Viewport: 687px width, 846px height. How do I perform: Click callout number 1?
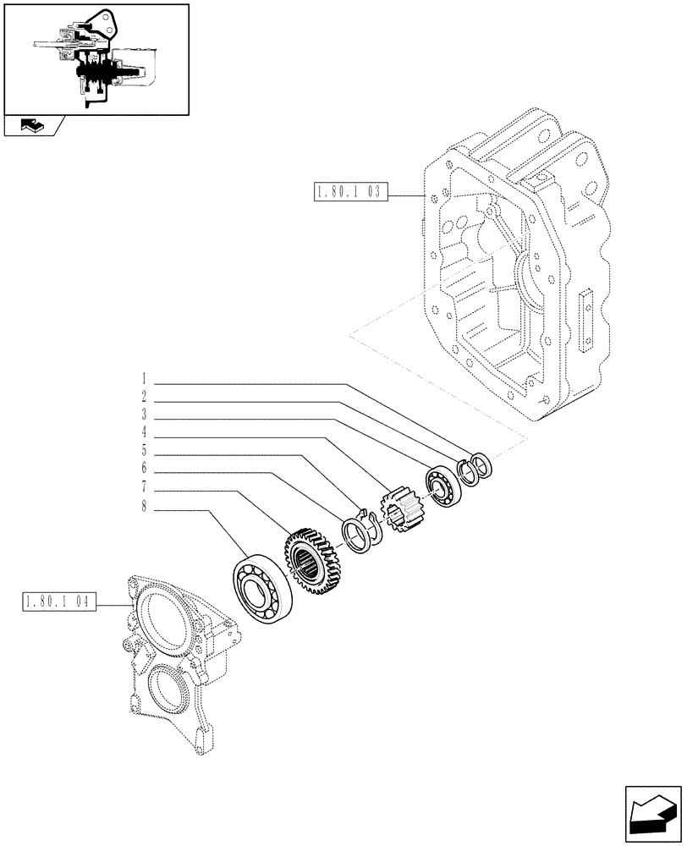point(145,378)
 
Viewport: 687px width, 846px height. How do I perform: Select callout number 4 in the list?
point(145,434)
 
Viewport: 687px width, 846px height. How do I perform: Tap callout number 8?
point(145,508)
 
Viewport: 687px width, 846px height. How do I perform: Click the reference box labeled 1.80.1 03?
point(349,194)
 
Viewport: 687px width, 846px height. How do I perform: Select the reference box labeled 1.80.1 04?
point(57,603)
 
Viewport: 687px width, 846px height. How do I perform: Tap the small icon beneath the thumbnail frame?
point(31,127)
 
